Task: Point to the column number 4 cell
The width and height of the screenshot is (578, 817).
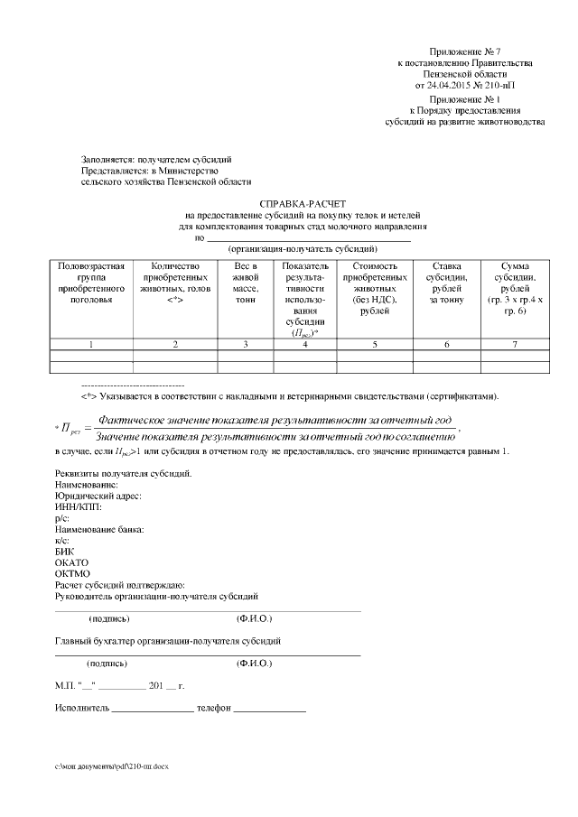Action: coord(304,345)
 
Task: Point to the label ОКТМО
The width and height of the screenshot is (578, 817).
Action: coord(72,573)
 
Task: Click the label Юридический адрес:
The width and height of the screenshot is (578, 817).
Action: coord(98,497)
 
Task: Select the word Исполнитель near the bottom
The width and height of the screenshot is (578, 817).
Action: coord(82,709)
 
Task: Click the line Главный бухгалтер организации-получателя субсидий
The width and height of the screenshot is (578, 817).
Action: coord(167,641)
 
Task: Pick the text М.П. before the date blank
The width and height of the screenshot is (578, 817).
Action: coord(65,686)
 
